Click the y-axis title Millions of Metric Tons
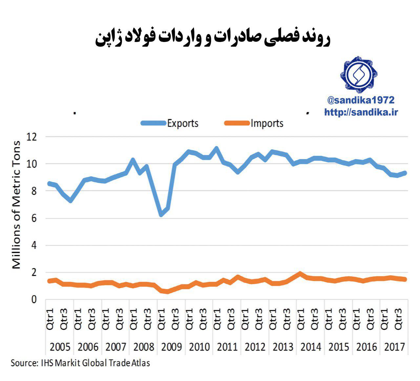point(16,205)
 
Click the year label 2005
point(60,347)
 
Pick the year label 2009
point(171,347)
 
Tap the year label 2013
point(283,347)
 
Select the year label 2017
point(394,347)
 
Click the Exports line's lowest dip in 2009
point(161,215)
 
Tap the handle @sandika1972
point(361,100)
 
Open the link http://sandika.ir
point(361,112)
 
